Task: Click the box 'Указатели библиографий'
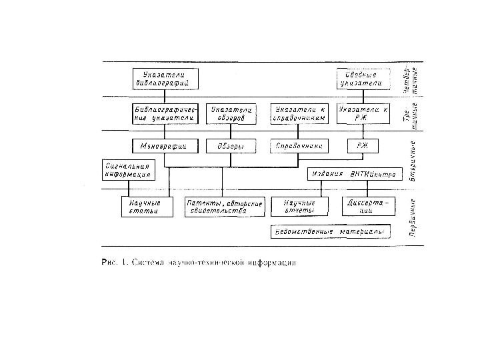coord(167,78)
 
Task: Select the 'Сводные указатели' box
coord(361,79)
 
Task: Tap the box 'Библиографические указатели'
coord(167,113)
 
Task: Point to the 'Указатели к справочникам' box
coord(300,113)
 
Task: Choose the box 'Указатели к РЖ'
coord(363,113)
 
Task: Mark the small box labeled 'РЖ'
coord(363,145)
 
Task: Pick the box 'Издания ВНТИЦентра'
coord(355,175)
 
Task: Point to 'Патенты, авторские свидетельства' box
coord(225,206)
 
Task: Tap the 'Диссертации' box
coord(369,206)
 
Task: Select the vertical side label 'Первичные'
coord(413,217)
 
